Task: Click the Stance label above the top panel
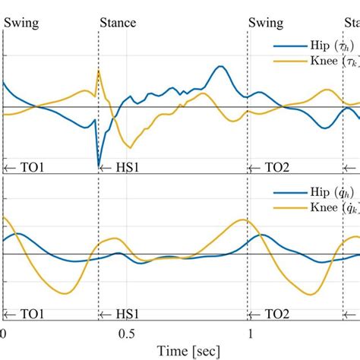point(118,23)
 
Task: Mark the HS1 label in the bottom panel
point(122,313)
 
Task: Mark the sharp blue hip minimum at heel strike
point(99,163)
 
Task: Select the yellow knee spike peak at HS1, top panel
point(98,71)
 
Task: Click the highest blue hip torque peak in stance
point(220,67)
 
